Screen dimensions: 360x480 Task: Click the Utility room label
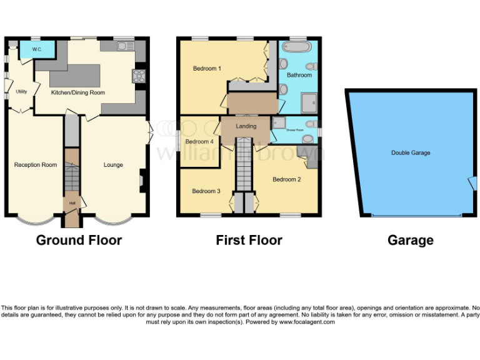[x=21, y=91]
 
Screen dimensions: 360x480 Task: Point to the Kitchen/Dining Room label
[x=77, y=92]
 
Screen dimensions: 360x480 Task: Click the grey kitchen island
[x=74, y=75]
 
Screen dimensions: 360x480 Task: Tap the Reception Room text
[x=36, y=165]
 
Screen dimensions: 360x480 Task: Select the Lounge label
[x=113, y=165]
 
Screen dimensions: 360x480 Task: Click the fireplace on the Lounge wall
[x=141, y=181]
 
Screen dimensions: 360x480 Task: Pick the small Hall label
[x=72, y=203]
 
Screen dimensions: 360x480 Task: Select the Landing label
[x=246, y=126]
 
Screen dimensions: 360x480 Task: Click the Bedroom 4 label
[x=200, y=141]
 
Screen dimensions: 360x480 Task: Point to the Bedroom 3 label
[x=206, y=191]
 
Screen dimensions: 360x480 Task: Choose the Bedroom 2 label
[x=287, y=179]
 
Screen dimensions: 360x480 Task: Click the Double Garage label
[x=411, y=152]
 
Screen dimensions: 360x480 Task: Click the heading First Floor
[x=249, y=240]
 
